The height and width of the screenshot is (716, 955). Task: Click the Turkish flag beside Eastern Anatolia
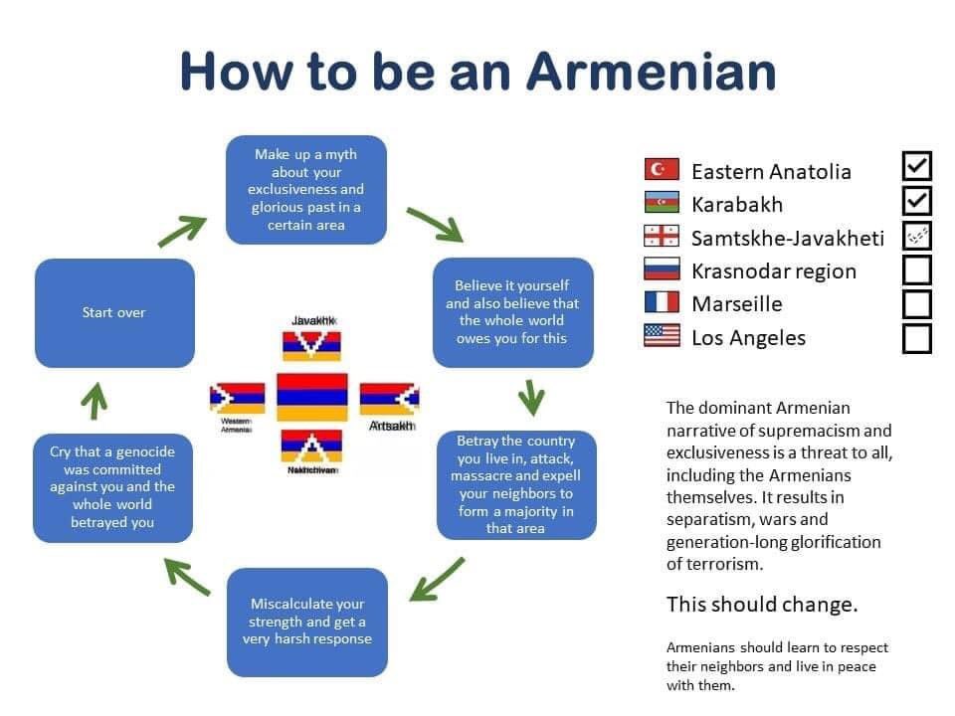tap(662, 170)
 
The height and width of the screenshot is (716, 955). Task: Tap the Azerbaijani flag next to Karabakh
tap(662, 203)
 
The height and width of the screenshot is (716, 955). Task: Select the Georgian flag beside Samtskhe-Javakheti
tap(662, 237)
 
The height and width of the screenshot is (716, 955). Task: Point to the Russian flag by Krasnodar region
tap(662, 269)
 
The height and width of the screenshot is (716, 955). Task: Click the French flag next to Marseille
tap(662, 302)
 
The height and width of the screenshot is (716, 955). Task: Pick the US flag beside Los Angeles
tap(662, 336)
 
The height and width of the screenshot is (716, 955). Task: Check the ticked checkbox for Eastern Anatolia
tap(917, 167)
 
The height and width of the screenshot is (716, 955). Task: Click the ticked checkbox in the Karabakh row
tap(917, 201)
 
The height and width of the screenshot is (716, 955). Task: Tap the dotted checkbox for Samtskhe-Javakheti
tap(917, 236)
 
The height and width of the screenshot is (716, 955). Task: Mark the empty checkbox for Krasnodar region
tap(917, 269)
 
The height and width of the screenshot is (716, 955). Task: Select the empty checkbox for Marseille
tap(917, 303)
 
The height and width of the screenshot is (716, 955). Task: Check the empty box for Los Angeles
tap(917, 338)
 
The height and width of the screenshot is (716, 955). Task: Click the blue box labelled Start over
tap(114, 312)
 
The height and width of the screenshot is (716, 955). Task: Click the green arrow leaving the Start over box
tap(181, 232)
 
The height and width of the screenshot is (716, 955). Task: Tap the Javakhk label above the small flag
tap(312, 320)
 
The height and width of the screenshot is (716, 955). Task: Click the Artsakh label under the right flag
tap(390, 426)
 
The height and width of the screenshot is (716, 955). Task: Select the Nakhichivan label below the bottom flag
tap(312, 470)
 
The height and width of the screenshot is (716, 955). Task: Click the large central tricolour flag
tap(312, 397)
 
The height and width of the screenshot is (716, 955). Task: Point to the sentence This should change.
tap(761, 605)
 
